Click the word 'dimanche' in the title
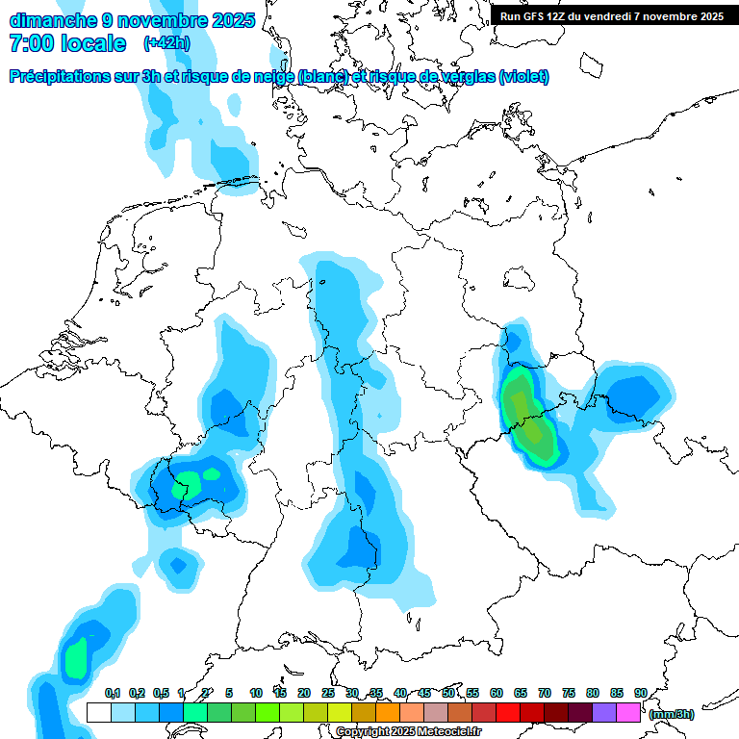pos(51,19)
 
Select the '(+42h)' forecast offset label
pos(166,43)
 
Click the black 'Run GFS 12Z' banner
pos(612,15)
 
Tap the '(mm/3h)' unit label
pos(672,714)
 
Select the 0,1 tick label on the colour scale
pos(112,693)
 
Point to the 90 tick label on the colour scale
pos(641,693)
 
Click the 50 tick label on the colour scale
pos(448,693)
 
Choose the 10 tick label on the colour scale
pos(256,693)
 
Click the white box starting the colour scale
pos(98,713)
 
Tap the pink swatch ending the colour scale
pos(628,713)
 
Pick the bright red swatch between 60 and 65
pos(508,713)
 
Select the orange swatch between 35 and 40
pos(388,713)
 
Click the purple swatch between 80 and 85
pos(604,713)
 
